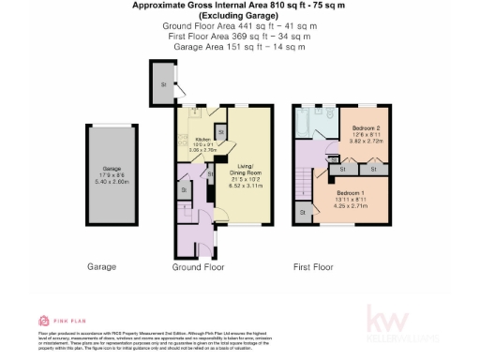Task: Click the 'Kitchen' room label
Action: (202, 138)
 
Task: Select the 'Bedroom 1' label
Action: (353, 192)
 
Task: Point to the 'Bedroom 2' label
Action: (366, 127)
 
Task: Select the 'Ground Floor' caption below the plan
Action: (198, 267)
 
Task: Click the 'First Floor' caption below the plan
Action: (313, 267)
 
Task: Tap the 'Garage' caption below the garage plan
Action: (101, 267)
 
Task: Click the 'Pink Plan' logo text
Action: (67, 320)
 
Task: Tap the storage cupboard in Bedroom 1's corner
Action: (304, 215)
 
